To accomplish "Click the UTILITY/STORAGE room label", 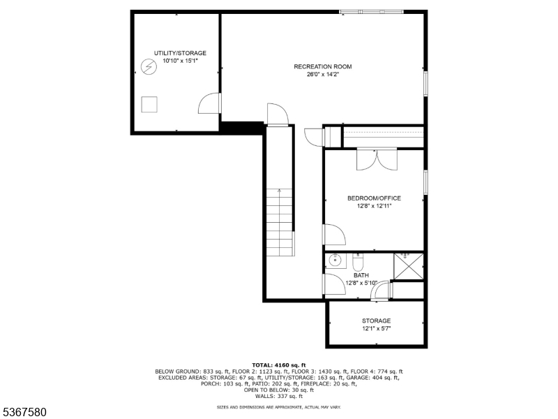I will point(180,53).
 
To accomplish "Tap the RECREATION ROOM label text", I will point(322,67).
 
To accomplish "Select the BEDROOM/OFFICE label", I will point(374,198).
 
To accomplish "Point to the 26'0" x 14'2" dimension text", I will point(322,75).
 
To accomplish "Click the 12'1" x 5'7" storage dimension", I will point(376,328).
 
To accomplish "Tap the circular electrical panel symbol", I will point(148,67).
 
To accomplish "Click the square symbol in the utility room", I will point(149,105).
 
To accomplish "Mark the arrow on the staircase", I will point(278,193).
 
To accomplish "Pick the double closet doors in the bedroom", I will point(376,159).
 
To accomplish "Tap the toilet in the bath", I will point(358,263).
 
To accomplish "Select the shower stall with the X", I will point(408,265).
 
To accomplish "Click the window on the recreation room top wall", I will point(371,11).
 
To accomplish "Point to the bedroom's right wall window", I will point(425,180).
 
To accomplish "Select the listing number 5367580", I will point(24,413).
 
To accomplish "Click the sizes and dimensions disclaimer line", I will point(279,406).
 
